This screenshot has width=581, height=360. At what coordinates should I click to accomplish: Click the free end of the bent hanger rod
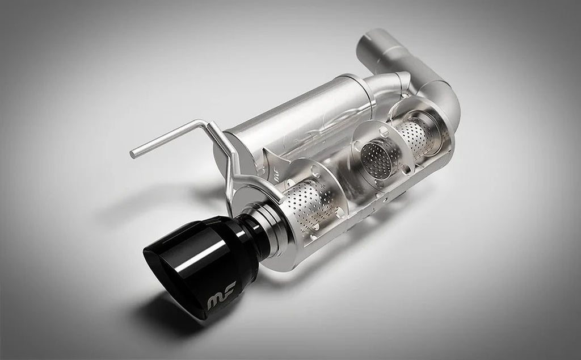click(133, 153)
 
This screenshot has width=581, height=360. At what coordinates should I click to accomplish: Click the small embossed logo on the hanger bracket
click(276, 178)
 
